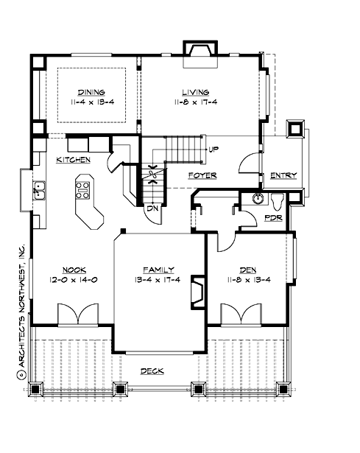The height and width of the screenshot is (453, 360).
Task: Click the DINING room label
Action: [88, 92]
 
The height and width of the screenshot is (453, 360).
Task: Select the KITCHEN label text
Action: [74, 159]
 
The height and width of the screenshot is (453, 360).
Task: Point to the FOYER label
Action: [201, 175]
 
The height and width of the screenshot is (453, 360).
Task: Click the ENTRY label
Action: [283, 175]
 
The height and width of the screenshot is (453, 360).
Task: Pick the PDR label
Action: [272, 219]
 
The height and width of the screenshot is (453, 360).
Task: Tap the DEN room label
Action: [247, 270]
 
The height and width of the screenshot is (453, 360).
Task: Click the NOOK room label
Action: [74, 270]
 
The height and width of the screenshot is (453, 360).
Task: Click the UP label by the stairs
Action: [213, 150]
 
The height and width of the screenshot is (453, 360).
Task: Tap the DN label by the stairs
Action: [152, 208]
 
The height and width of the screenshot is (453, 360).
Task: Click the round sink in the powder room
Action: [258, 199]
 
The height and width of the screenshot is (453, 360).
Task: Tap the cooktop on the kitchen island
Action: [83, 191]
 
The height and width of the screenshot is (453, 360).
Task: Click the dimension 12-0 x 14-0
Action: [74, 280]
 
